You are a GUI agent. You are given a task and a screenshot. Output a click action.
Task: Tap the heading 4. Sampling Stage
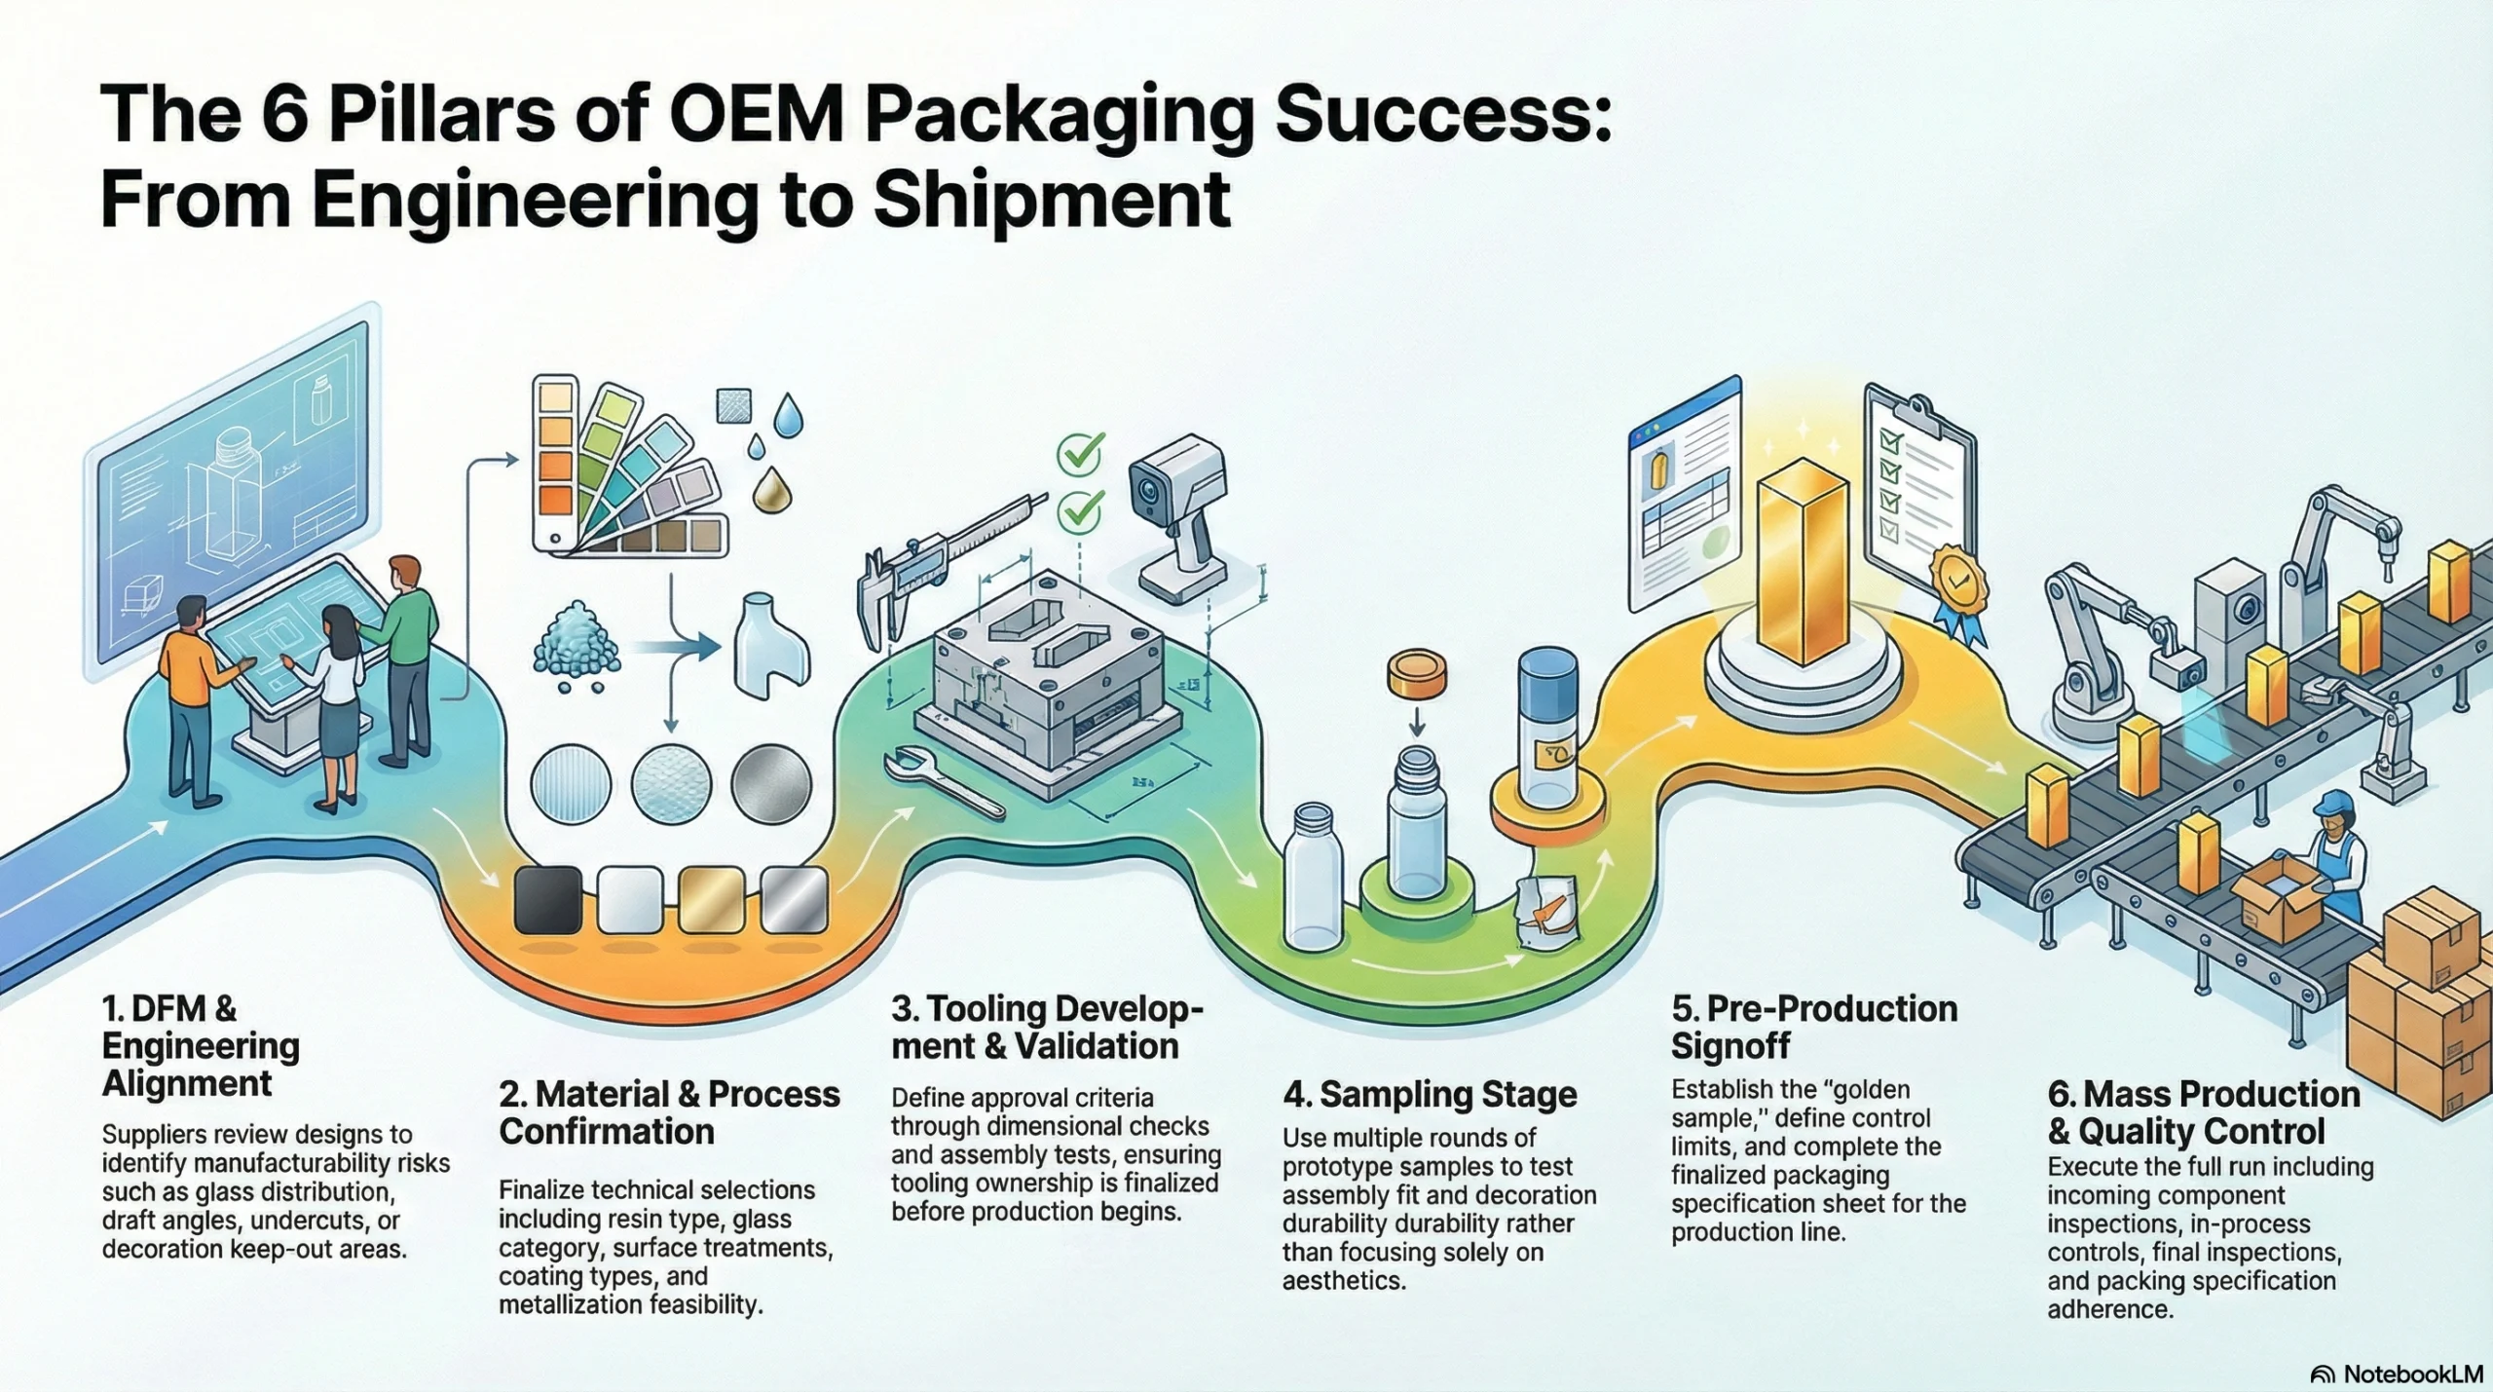(1430, 1095)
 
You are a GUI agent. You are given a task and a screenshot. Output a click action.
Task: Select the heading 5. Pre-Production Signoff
(1813, 1027)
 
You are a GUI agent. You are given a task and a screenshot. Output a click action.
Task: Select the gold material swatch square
(712, 901)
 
